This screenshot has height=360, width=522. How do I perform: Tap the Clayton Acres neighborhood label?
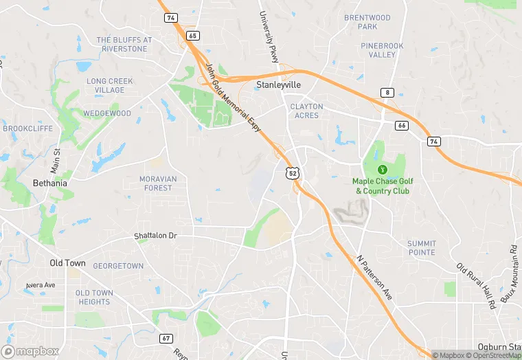coord(306,111)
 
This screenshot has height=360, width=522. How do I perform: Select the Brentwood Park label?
coord(367,22)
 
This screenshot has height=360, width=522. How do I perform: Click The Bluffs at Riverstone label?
coord(124,44)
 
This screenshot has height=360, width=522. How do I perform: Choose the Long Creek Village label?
coord(110,85)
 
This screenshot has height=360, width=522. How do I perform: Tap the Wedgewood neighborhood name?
coord(107,113)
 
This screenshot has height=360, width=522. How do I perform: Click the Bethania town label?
coord(50,183)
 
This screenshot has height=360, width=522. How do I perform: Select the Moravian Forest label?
coord(159,183)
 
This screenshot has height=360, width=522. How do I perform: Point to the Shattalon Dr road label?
coord(155,236)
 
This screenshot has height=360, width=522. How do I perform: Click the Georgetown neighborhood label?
coord(118,266)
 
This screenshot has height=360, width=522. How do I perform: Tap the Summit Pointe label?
coord(421,247)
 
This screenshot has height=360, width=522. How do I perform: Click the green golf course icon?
coord(381,169)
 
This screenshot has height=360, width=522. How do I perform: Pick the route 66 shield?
coord(402,126)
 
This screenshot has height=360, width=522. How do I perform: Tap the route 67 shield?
coord(166,338)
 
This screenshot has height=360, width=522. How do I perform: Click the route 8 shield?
coord(388,92)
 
